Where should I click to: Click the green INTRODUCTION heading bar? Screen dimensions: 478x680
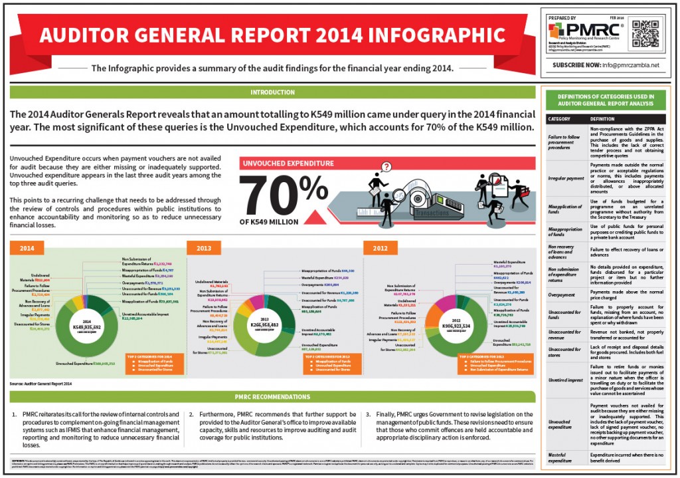tap(272, 92)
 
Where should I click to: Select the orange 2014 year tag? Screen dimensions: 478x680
tap(27, 249)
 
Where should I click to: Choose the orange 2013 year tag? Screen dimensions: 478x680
tap(204, 249)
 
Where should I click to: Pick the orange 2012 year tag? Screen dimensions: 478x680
tap(381, 249)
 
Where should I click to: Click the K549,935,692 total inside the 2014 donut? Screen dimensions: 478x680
tap(82, 327)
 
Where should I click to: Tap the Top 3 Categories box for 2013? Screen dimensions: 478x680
tap(329, 364)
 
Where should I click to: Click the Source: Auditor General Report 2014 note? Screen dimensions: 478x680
tap(41, 384)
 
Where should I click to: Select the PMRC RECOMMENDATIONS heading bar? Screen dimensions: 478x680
tap(272, 397)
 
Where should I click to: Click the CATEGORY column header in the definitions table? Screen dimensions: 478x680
tap(558, 120)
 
